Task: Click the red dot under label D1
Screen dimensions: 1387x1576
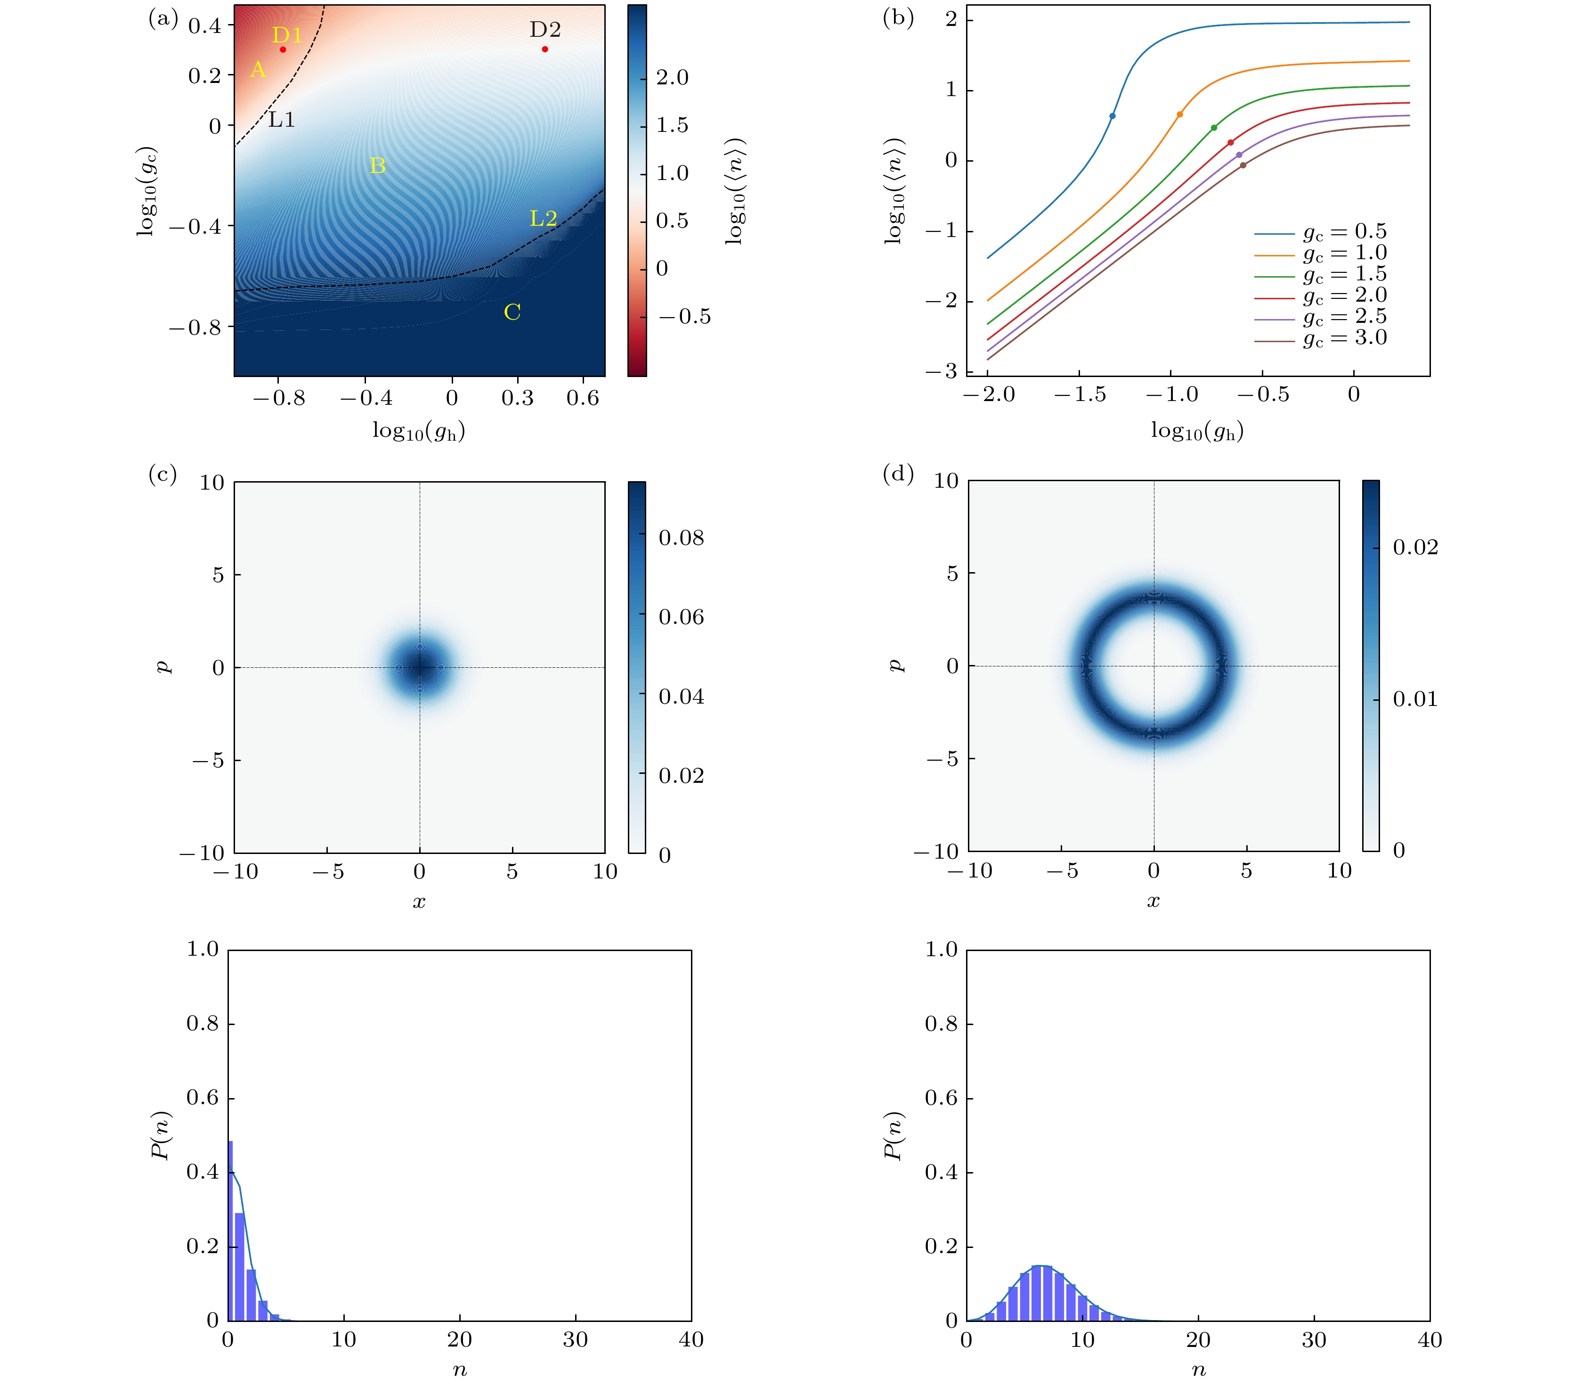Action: coord(283,49)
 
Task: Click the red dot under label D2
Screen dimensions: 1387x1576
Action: coord(545,49)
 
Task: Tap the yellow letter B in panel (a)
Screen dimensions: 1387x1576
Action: coord(377,165)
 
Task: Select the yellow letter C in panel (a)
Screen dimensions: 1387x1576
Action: coord(512,312)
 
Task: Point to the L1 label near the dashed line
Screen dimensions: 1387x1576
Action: coord(282,120)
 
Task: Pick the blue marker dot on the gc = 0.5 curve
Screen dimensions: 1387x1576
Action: coord(1112,116)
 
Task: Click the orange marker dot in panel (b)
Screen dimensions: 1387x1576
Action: coord(1180,114)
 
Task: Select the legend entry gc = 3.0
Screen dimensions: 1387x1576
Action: coord(1344,338)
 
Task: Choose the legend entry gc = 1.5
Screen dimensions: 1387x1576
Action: coord(1344,274)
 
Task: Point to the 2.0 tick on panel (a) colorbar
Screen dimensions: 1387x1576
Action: coord(672,78)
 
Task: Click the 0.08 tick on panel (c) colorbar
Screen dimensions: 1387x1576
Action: coord(681,538)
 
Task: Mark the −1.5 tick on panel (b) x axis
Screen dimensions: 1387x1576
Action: coord(1080,395)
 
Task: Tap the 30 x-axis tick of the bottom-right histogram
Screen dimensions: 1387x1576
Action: coord(1314,1340)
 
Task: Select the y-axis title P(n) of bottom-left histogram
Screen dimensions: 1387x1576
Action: coord(160,1135)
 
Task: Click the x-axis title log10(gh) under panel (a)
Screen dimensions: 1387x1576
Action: coord(419,430)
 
